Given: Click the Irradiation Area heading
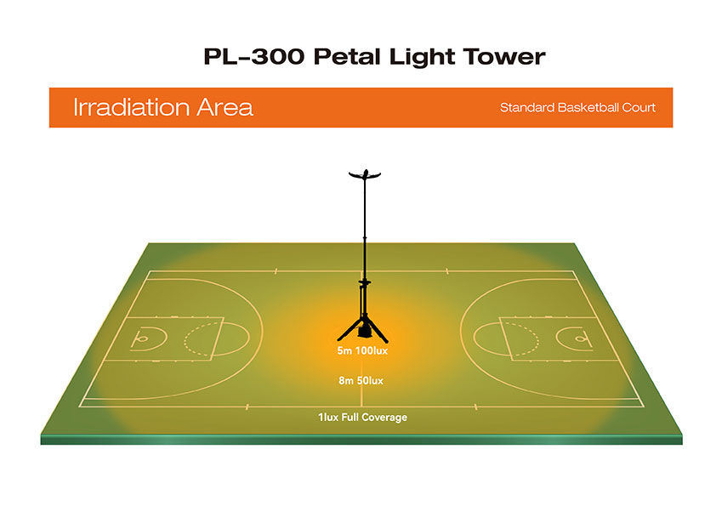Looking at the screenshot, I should tap(162, 108).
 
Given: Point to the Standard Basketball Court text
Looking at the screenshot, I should tap(577, 108).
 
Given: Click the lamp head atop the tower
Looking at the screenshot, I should tap(363, 174).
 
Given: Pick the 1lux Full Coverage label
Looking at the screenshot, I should tap(362, 418).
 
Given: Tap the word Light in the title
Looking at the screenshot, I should tap(423, 57).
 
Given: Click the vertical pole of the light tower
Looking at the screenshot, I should tap(363, 238).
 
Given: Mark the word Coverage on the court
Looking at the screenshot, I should tap(384, 418).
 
